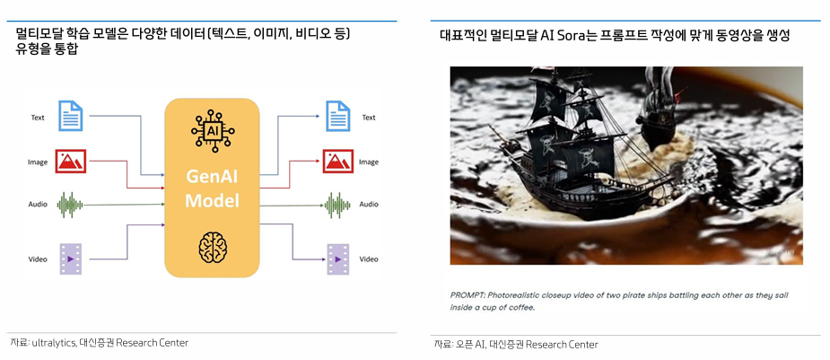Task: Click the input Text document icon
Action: coord(71,116)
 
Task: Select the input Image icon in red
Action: coord(71,162)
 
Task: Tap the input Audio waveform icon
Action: coord(71,205)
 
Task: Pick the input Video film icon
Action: coord(71,259)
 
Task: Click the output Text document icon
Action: coord(337,116)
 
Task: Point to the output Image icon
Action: coord(337,162)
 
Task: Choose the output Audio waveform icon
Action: coord(337,205)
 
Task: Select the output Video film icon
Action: coord(337,259)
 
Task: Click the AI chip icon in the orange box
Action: coord(212,131)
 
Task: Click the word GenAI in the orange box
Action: coord(212,176)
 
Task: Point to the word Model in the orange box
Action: coord(212,199)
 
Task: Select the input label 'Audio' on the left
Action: coord(38,205)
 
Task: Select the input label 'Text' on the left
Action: coord(38,117)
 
